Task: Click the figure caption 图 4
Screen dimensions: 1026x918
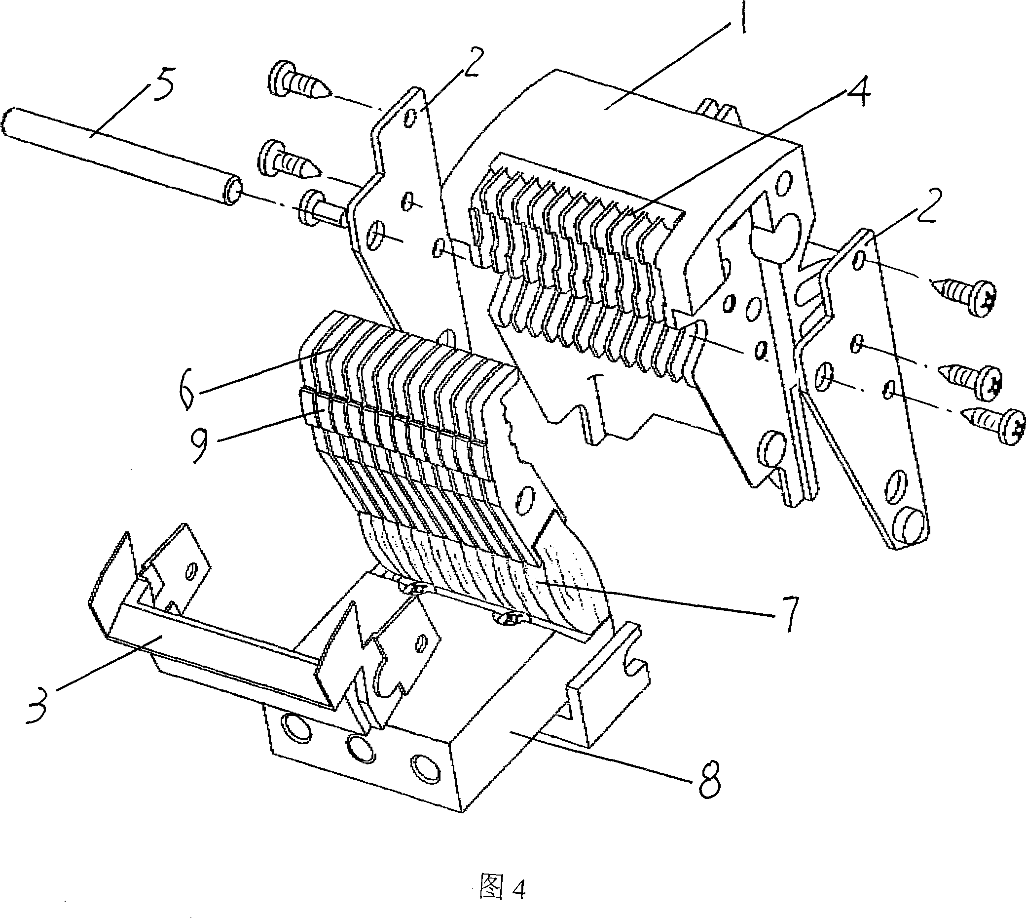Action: pyautogui.click(x=503, y=887)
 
